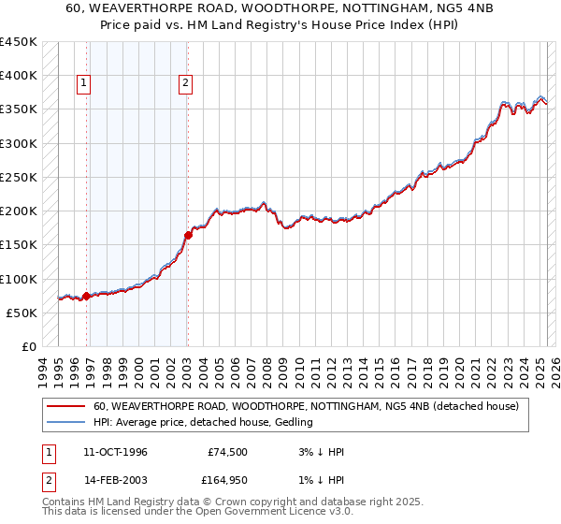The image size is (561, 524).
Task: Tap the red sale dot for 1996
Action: click(x=87, y=296)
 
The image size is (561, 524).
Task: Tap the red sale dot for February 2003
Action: click(x=188, y=236)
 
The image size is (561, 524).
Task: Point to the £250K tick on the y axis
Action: click(x=19, y=177)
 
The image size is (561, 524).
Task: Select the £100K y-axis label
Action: click(x=19, y=279)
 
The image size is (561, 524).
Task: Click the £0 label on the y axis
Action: click(x=28, y=346)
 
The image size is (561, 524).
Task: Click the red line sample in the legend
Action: click(x=65, y=406)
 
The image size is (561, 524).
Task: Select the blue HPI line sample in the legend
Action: click(x=65, y=422)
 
